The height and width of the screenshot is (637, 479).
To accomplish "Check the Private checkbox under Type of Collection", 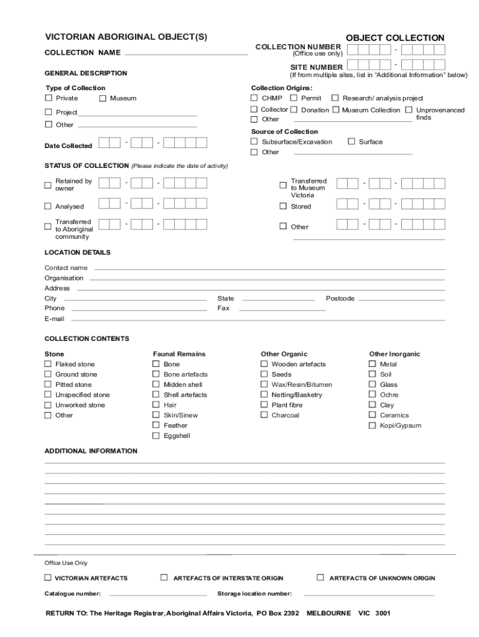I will (x=49, y=98).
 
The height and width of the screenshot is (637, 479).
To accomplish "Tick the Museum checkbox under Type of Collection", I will (x=103, y=98).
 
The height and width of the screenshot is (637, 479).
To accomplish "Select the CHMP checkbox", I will (x=254, y=98).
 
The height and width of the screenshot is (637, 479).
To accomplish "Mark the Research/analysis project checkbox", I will (x=335, y=98).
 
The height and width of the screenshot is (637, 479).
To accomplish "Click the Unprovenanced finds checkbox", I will (x=409, y=110).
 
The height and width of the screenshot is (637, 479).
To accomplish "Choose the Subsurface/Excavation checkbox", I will (x=254, y=142).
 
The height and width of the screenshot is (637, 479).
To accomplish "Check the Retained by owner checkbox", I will (x=48, y=185).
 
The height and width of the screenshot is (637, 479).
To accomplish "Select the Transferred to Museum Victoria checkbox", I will (x=283, y=185).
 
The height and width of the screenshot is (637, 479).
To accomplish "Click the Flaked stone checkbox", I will (x=48, y=364).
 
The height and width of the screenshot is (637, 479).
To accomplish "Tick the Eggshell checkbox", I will (x=156, y=435).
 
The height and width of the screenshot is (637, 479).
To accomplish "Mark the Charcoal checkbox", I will (x=264, y=415).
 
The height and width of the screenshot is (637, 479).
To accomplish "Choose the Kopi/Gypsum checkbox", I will (x=373, y=425).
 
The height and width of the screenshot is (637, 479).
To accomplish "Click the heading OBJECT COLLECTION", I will (x=395, y=38).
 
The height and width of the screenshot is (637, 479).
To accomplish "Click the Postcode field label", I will (x=340, y=299).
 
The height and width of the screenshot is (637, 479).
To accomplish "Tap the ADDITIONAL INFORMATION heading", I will (x=91, y=451).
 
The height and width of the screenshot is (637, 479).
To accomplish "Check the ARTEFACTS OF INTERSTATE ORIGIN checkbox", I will (x=164, y=577).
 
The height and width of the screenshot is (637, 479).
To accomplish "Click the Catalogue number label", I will (x=73, y=593).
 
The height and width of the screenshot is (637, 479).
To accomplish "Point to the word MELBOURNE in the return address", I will (x=328, y=613).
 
